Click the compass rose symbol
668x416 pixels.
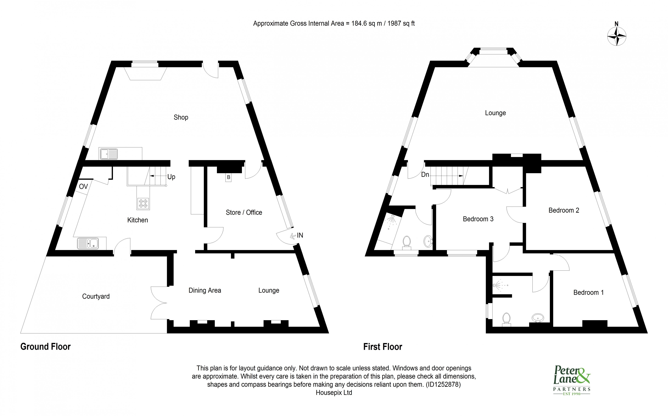617,36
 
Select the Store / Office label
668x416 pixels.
244,212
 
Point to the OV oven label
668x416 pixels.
83,187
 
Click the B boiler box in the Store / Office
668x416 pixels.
228,177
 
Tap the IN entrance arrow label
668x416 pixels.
300,235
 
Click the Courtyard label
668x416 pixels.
96,296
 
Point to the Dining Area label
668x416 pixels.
205,290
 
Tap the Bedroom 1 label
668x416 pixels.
589,292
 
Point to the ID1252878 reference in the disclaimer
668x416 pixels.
443,384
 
